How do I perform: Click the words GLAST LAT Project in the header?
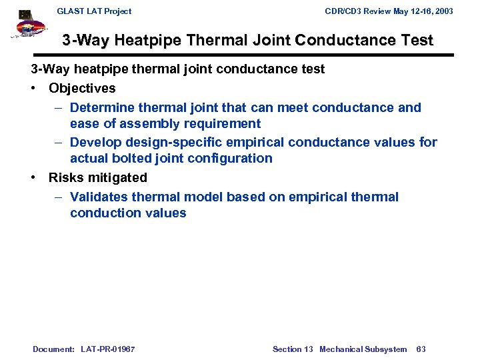[94, 11]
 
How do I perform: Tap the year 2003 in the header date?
[442, 11]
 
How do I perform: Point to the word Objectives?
[82, 89]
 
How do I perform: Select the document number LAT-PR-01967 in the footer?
[107, 349]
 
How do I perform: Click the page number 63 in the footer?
[421, 349]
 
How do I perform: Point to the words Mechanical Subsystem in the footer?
[363, 349]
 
